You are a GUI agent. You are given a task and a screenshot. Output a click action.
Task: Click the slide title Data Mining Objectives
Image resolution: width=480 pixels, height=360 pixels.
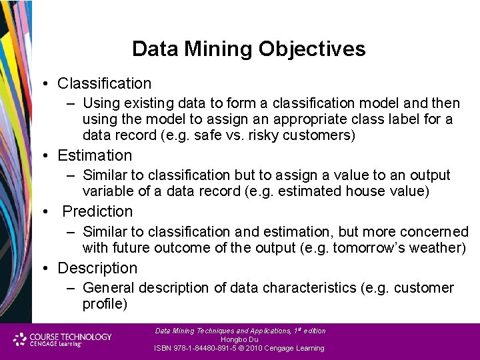pos(249,49)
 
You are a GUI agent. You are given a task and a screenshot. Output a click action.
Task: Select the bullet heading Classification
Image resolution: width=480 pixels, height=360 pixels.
pos(104,83)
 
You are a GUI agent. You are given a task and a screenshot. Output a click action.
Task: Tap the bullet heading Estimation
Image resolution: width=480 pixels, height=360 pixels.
pos(95,155)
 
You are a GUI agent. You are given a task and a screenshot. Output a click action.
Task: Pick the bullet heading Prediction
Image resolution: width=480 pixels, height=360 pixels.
pos(97,211)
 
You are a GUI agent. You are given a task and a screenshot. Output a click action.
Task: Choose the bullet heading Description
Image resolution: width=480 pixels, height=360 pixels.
pos(97,268)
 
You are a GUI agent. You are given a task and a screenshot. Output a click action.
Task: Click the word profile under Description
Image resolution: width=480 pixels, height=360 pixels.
pos(105,304)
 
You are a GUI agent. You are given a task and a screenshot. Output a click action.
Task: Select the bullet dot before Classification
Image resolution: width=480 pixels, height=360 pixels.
pos(43,84)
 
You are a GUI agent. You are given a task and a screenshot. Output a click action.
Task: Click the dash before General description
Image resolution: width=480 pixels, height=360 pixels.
pos(70,289)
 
